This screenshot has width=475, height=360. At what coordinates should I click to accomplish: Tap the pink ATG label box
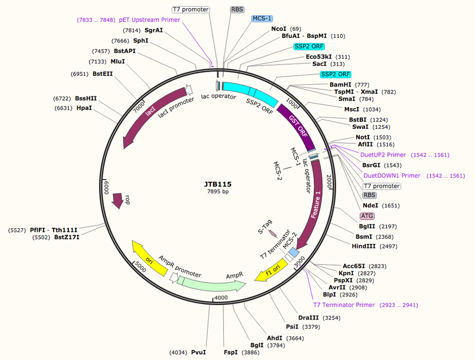(x=367, y=216)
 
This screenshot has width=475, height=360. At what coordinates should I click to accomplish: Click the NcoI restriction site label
(x=279, y=29)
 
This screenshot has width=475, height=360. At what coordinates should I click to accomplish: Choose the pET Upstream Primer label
(x=149, y=20)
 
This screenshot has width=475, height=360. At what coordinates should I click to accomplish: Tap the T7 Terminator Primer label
(x=344, y=305)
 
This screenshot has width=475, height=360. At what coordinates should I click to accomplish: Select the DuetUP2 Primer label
(x=383, y=155)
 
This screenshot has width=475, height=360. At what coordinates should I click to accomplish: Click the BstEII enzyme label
(x=103, y=74)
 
